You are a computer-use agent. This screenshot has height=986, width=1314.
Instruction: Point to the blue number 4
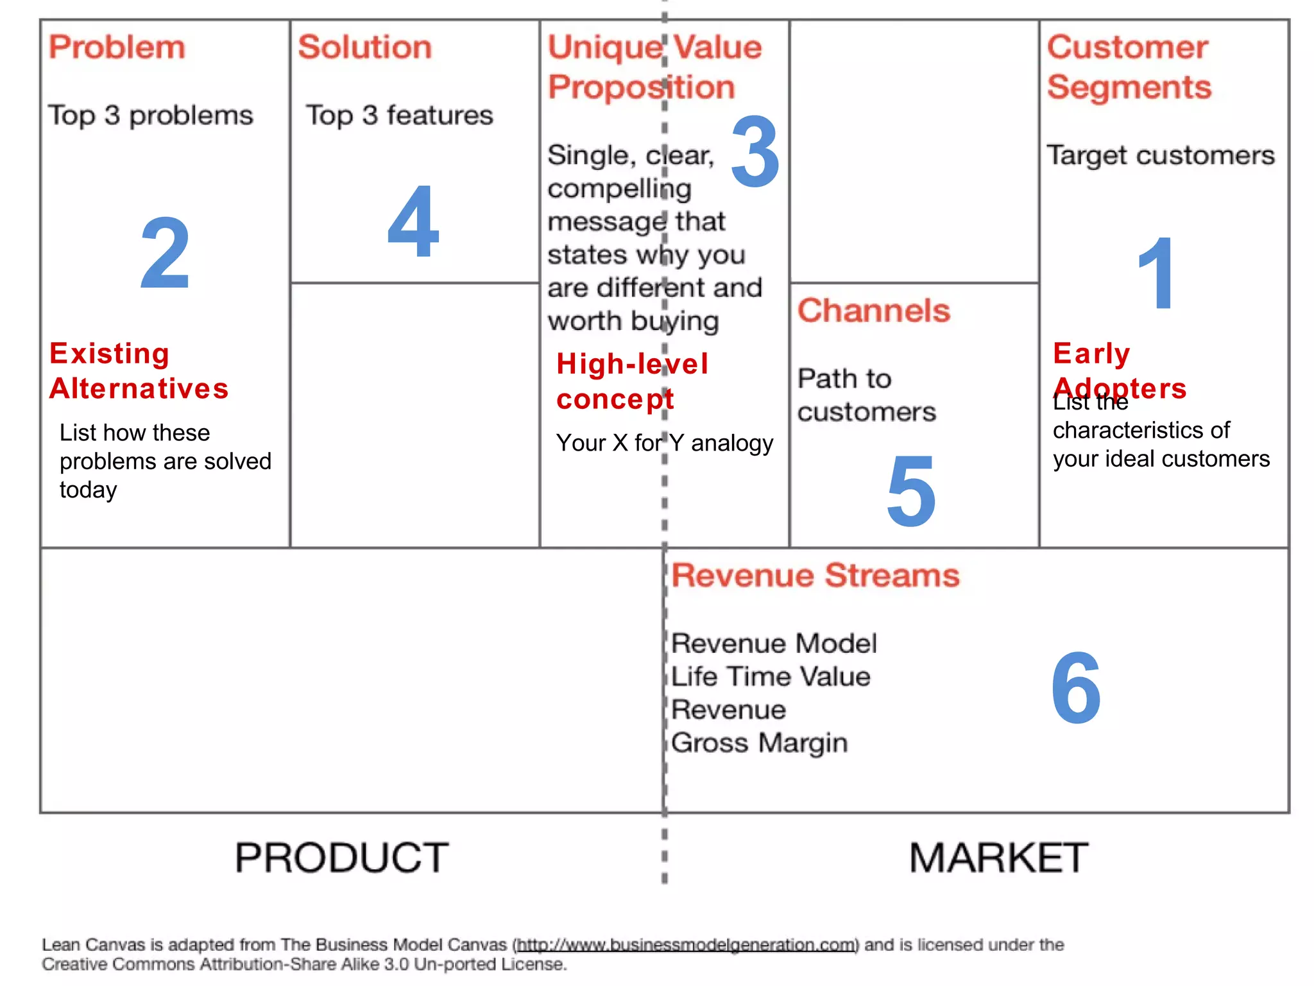pos(413,221)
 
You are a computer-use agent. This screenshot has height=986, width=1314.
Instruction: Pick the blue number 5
pos(911,490)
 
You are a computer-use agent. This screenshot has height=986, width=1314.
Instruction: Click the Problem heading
pos(117,48)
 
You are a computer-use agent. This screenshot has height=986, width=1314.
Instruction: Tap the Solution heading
pos(364,48)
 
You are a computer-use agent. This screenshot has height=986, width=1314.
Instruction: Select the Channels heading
pos(873,311)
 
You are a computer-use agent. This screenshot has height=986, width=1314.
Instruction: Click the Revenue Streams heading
pos(815,575)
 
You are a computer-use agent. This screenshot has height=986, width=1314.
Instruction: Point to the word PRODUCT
pos(341,858)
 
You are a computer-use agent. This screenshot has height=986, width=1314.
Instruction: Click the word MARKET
pos(998,858)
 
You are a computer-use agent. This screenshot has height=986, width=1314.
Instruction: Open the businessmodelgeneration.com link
pos(686,945)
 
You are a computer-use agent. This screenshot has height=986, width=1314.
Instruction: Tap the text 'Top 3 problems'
pos(151,116)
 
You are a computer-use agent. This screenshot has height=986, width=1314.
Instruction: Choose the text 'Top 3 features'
pos(399,116)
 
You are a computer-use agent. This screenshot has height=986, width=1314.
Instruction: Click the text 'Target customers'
pos(1161,155)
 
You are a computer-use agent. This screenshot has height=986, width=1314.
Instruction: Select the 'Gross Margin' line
pos(759,743)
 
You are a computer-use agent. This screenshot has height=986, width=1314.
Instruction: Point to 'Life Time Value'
pos(771,677)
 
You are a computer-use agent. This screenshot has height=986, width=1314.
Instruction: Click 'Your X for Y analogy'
pos(665,443)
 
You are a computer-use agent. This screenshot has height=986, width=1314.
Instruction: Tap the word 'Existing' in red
pos(110,353)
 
